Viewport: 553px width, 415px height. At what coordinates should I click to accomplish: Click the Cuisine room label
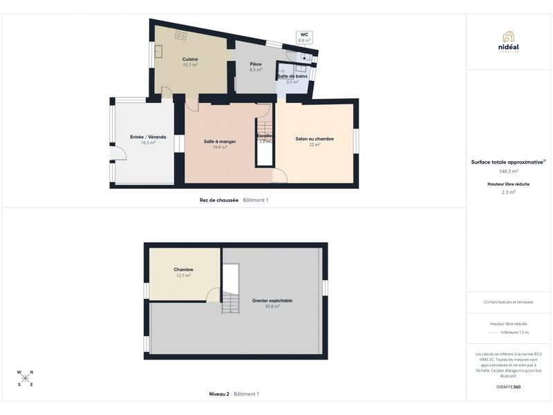pyautogui.click(x=190, y=59)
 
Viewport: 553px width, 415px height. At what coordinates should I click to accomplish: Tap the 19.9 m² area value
pyautogui.click(x=220, y=147)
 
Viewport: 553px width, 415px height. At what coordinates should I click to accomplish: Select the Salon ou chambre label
pyautogui.click(x=315, y=139)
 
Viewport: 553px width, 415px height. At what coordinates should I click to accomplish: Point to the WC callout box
pyautogui.click(x=304, y=37)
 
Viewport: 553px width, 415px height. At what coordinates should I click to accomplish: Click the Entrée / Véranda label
pyautogui.click(x=148, y=137)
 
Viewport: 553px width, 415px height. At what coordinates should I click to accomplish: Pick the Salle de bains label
pyautogui.click(x=292, y=75)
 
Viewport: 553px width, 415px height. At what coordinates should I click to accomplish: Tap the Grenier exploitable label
pyautogui.click(x=272, y=301)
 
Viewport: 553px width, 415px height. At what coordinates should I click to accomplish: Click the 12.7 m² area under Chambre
pyautogui.click(x=183, y=275)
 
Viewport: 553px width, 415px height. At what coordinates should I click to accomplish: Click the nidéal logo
pyautogui.click(x=508, y=41)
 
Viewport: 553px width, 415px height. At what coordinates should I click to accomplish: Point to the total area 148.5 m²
pyautogui.click(x=509, y=172)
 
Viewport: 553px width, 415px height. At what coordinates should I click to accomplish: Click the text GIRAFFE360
pyautogui.click(x=509, y=387)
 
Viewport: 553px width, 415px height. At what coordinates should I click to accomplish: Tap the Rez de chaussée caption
pyautogui.click(x=219, y=200)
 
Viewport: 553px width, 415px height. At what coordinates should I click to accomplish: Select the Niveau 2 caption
pyautogui.click(x=219, y=394)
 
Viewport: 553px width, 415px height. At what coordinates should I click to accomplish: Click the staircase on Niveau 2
pyautogui.click(x=231, y=302)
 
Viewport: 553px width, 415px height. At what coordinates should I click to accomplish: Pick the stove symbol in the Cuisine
pyautogui.click(x=181, y=34)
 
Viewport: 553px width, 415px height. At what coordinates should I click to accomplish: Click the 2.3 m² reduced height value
pyautogui.click(x=509, y=192)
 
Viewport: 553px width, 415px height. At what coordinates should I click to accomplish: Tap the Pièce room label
pyautogui.click(x=256, y=64)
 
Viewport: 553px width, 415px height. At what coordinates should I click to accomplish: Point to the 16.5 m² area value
pyautogui.click(x=148, y=142)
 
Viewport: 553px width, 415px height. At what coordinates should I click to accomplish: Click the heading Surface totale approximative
pyautogui.click(x=507, y=163)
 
